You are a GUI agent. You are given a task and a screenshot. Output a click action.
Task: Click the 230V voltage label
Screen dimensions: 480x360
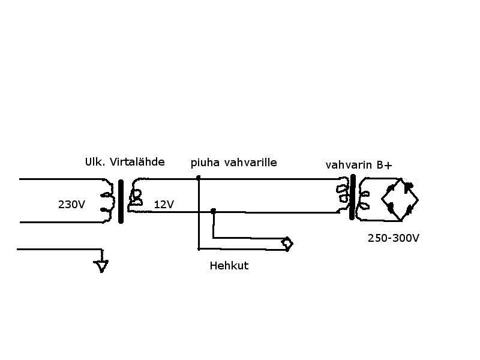71,204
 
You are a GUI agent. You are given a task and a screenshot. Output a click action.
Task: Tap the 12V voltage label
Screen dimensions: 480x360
164,204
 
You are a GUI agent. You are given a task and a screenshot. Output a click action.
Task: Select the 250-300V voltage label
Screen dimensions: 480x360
394,238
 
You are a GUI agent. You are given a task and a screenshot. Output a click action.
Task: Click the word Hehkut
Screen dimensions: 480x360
229,265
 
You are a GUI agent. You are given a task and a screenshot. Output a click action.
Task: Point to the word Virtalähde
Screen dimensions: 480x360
137,161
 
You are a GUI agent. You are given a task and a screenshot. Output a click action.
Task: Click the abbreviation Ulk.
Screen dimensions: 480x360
95,162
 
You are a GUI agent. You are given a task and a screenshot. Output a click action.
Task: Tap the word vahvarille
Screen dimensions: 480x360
250,162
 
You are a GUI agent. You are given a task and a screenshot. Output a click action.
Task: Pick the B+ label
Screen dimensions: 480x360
384,166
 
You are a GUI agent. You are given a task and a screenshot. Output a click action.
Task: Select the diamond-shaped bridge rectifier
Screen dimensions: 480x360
400,199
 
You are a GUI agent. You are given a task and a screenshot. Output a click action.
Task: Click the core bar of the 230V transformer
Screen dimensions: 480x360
121,202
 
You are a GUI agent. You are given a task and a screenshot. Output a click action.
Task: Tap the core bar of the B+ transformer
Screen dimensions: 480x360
353,197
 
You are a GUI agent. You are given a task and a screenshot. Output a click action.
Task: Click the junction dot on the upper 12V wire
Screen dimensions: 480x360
199,177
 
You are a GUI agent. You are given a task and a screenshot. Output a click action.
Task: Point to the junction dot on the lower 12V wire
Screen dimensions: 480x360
214,211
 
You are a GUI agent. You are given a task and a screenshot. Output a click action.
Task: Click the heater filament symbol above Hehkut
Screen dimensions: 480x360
287,244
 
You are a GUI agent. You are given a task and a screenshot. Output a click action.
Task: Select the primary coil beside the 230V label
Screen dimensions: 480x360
108,201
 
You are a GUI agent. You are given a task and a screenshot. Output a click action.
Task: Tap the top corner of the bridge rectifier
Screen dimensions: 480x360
401,178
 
